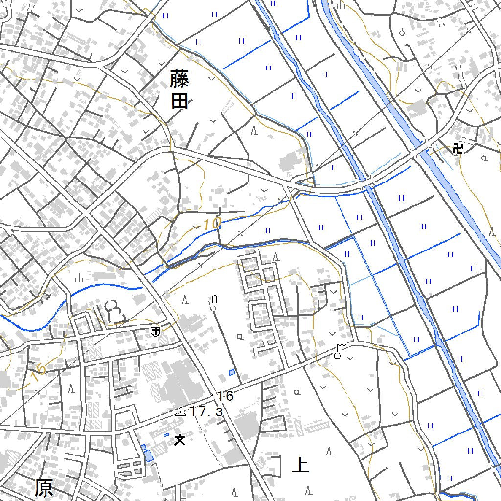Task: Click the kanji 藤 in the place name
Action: (180, 78)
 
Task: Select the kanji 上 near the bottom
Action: (300, 465)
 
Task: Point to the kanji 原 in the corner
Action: (44, 488)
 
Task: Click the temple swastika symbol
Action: (458, 148)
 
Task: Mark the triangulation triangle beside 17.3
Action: (181, 411)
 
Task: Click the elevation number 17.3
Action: (206, 412)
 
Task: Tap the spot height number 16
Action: (226, 396)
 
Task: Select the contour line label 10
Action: (211, 224)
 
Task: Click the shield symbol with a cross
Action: (155, 332)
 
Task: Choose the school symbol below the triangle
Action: (180, 440)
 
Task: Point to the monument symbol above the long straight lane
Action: (214, 299)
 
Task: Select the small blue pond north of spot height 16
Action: (232, 372)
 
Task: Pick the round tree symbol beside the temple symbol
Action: (484, 158)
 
